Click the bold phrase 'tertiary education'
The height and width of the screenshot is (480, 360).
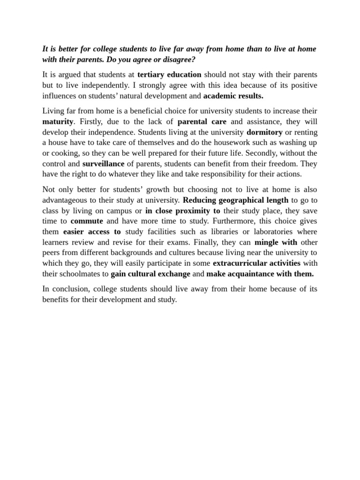tap(169, 75)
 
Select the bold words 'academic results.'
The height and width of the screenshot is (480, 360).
tap(233, 96)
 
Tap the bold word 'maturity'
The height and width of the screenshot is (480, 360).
tap(58, 122)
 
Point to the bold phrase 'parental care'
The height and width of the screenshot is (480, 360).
tap(202, 122)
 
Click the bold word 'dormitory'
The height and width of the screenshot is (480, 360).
tap(264, 133)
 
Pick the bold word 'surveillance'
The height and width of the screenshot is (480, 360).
tap(103, 164)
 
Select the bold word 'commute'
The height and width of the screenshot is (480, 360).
tap(87, 221)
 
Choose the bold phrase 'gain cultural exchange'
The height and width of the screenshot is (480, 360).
tap(150, 274)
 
